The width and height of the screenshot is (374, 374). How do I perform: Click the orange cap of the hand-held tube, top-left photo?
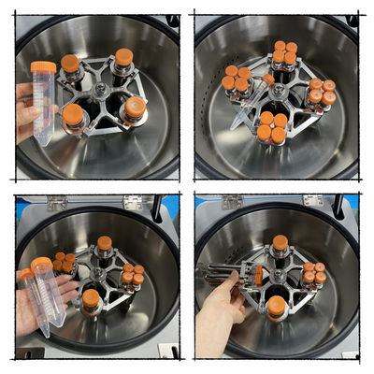[x=43, y=67]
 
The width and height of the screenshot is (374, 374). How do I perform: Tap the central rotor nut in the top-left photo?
[x=97, y=92]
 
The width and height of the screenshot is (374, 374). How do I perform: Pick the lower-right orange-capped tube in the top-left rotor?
[x=136, y=108]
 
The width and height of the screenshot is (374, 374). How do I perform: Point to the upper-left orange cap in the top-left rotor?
[x=70, y=64]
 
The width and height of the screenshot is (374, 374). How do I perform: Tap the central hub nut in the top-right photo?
[x=278, y=92]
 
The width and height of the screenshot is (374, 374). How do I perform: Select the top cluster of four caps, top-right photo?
[x=284, y=52]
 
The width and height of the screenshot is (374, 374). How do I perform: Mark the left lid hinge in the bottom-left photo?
[x=57, y=202]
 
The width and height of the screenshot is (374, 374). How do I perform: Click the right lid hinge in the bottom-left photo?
[x=133, y=202]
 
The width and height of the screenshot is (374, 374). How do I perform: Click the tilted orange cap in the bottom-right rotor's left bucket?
[x=259, y=274]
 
